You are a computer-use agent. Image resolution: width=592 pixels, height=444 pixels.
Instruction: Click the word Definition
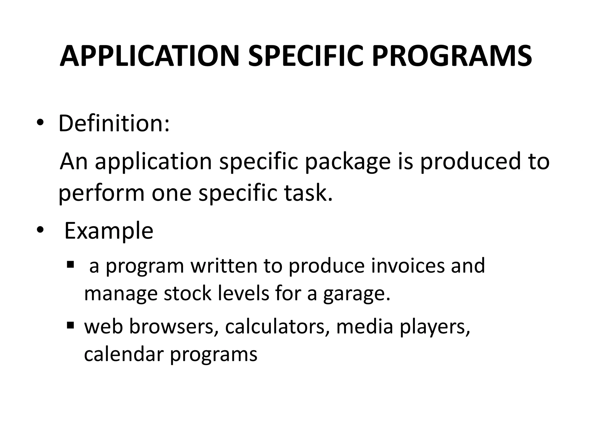[x=114, y=123]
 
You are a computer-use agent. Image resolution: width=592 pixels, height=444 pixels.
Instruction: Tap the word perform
[x=101, y=194]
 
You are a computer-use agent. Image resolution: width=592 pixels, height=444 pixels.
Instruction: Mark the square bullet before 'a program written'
[x=70, y=264]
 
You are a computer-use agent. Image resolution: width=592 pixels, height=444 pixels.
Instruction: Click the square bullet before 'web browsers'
[x=70, y=325]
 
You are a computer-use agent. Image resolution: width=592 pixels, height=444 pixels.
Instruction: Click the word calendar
[x=124, y=354]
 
